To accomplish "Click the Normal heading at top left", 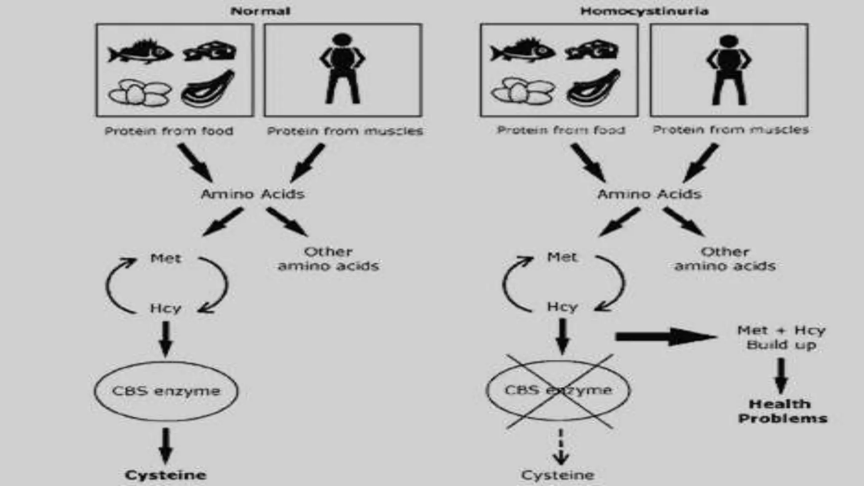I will pyautogui.click(x=260, y=11).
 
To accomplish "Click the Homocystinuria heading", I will pyautogui.click(x=644, y=11).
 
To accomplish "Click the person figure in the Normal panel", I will pyautogui.click(x=342, y=69).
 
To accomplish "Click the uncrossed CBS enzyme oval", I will pyautogui.click(x=166, y=391).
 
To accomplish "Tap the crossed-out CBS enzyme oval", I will pyautogui.click(x=558, y=390).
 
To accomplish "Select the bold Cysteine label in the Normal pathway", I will pyautogui.click(x=165, y=475).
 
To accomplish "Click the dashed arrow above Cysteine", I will pyautogui.click(x=561, y=447).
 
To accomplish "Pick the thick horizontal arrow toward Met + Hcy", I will pyautogui.click(x=666, y=337).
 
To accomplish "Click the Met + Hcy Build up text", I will pyautogui.click(x=781, y=337).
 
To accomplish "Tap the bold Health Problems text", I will pyautogui.click(x=782, y=411).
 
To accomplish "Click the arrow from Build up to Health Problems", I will pyautogui.click(x=781, y=375).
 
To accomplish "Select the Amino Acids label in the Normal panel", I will pyautogui.click(x=252, y=194).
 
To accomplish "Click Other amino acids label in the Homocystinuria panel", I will pyautogui.click(x=725, y=259).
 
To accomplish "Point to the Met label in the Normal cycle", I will pyautogui.click(x=166, y=258).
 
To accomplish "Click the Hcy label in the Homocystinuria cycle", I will pyautogui.click(x=562, y=307).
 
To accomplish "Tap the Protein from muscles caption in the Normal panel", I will pyautogui.click(x=345, y=131).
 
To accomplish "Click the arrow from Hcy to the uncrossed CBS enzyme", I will pyautogui.click(x=166, y=339).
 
